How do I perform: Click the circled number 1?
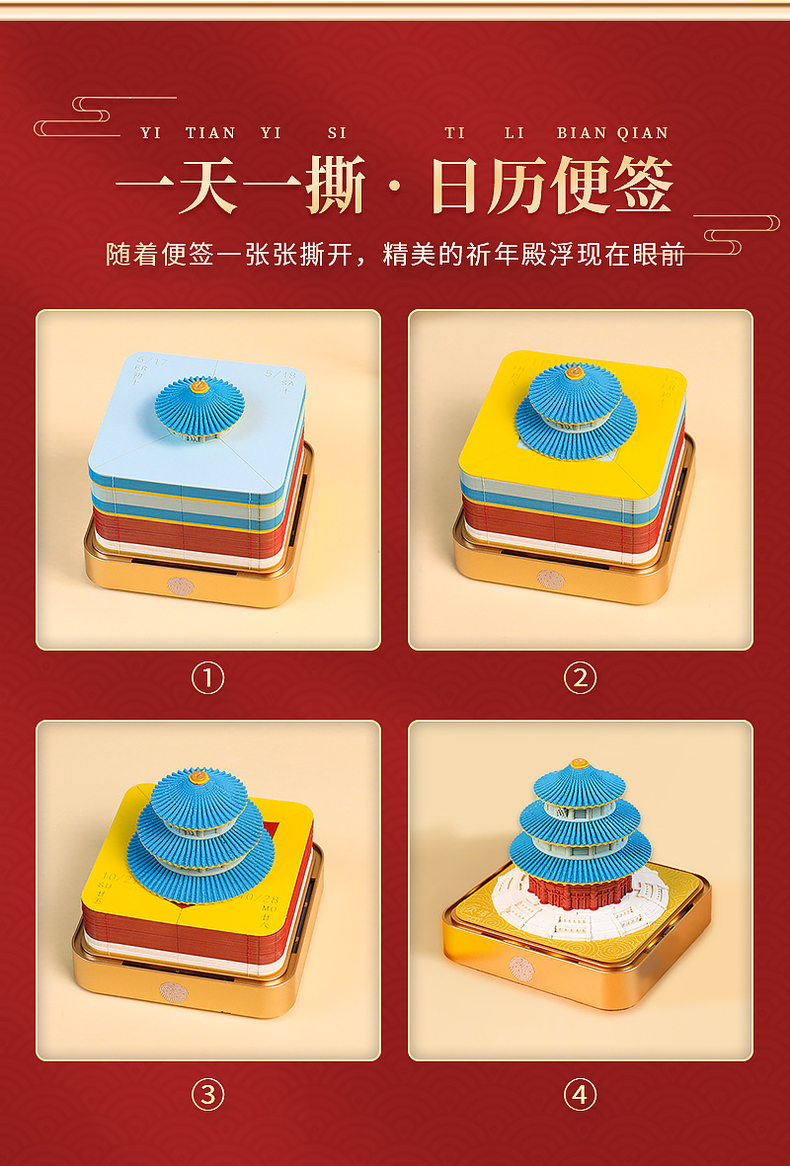coord(207,678)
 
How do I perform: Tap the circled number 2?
coord(580,678)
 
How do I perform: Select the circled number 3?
coord(207,1094)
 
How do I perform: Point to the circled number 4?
coord(580,1094)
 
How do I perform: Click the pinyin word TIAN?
coord(210,133)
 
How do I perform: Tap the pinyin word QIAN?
coord(643,133)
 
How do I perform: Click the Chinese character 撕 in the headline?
coord(336,186)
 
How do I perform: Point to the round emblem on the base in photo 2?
coord(550,580)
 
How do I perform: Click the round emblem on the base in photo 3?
coord(173,991)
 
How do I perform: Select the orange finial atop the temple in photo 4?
coord(581,765)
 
